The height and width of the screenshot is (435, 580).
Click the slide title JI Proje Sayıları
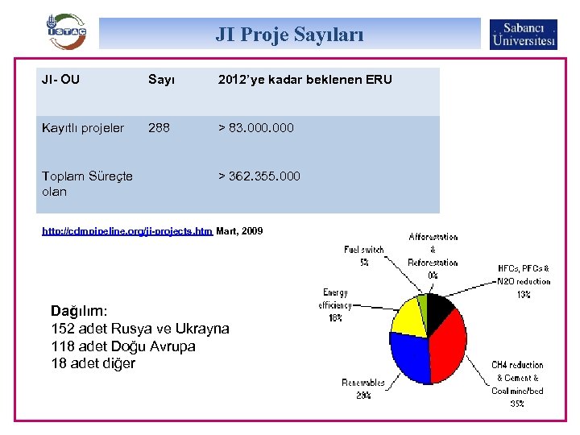click(289, 35)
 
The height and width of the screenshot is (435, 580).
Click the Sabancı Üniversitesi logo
click(523, 35)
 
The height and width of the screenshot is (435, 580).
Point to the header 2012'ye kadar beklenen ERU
click(304, 80)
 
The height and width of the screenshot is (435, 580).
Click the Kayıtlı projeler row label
click(83, 128)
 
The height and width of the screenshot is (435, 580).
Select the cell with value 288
click(159, 128)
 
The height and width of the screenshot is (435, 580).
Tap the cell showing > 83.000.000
click(255, 128)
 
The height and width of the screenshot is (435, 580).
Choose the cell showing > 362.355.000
click(259, 176)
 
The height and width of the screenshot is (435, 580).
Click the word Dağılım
click(79, 311)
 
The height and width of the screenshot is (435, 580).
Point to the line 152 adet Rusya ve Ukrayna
click(139, 329)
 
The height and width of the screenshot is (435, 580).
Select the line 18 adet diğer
click(93, 363)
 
